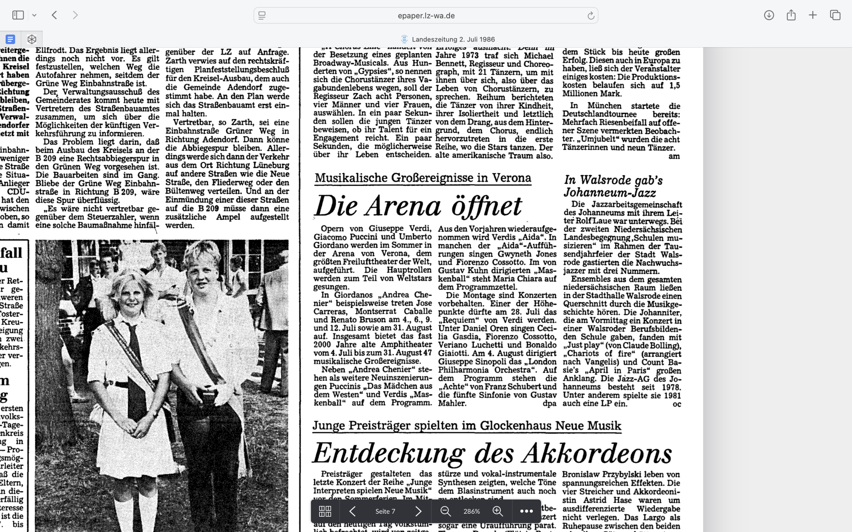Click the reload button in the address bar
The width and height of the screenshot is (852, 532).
point(590,16)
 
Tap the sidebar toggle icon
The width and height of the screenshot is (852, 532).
point(18,15)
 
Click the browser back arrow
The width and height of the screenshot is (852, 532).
point(55,15)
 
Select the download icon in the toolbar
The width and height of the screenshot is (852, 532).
point(769,15)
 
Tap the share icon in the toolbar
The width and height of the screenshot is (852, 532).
point(791,15)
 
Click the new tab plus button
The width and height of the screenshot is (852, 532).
point(813,15)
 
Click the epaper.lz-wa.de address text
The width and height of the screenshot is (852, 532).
point(426,16)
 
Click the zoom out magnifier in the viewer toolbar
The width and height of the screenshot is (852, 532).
point(446,511)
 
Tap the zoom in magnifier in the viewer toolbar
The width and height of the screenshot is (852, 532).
point(498,511)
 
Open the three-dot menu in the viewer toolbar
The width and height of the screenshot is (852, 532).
point(526,511)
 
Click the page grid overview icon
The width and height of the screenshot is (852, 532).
point(324,511)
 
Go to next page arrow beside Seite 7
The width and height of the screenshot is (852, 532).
point(418,511)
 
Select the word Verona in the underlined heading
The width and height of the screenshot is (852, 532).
point(512,178)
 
